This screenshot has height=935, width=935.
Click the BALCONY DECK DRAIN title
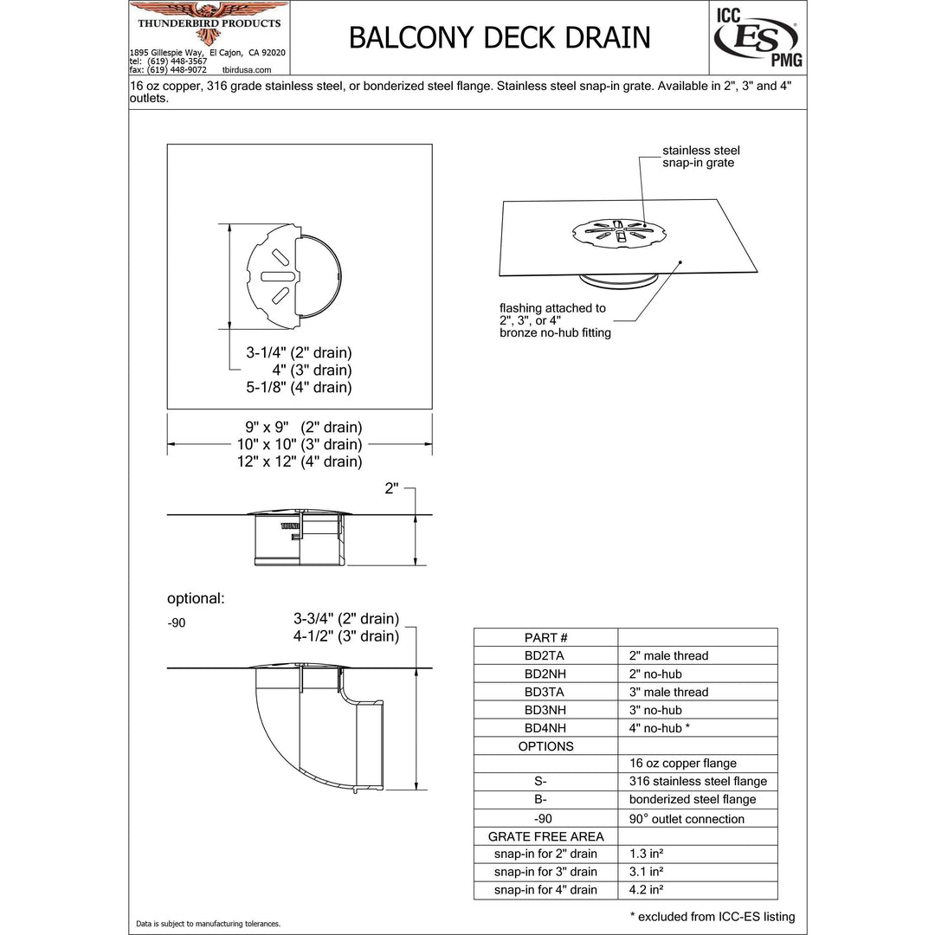[499, 37]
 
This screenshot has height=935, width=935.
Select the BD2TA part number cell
[545, 655]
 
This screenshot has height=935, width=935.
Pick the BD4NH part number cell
[545, 728]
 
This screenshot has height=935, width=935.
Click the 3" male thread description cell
[668, 692]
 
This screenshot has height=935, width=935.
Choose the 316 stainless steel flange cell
[698, 781]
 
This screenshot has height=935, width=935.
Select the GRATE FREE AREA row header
[545, 836]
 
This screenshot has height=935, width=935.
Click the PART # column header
[545, 637]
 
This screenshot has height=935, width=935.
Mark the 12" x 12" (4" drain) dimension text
[300, 461]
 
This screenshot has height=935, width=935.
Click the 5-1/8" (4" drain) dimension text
[300, 387]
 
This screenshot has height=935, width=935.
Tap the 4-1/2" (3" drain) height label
[346, 636]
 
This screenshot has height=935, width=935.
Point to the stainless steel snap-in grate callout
[701, 157]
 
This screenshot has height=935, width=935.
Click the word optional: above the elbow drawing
[196, 598]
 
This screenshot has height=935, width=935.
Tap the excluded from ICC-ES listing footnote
[712, 917]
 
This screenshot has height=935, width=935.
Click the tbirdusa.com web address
[247, 69]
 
